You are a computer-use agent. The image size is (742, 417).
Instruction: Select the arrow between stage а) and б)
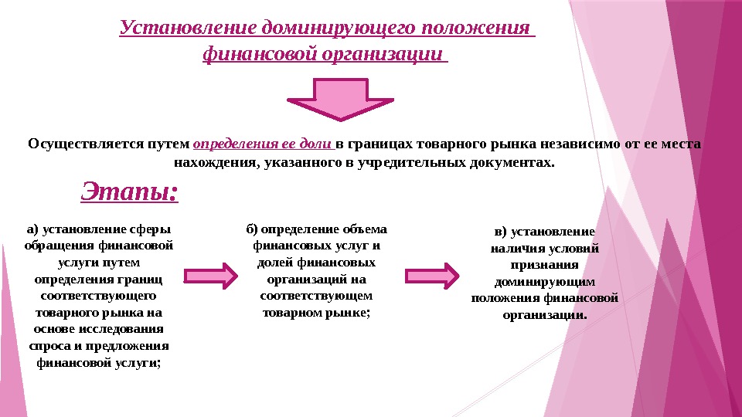(209, 276)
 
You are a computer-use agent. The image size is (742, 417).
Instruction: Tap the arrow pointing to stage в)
(432, 276)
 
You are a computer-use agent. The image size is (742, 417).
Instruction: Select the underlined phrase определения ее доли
(263, 144)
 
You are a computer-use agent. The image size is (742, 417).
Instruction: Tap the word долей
(269, 263)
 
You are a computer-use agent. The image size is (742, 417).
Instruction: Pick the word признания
(545, 265)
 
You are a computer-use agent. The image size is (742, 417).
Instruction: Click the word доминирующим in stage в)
(545, 282)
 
